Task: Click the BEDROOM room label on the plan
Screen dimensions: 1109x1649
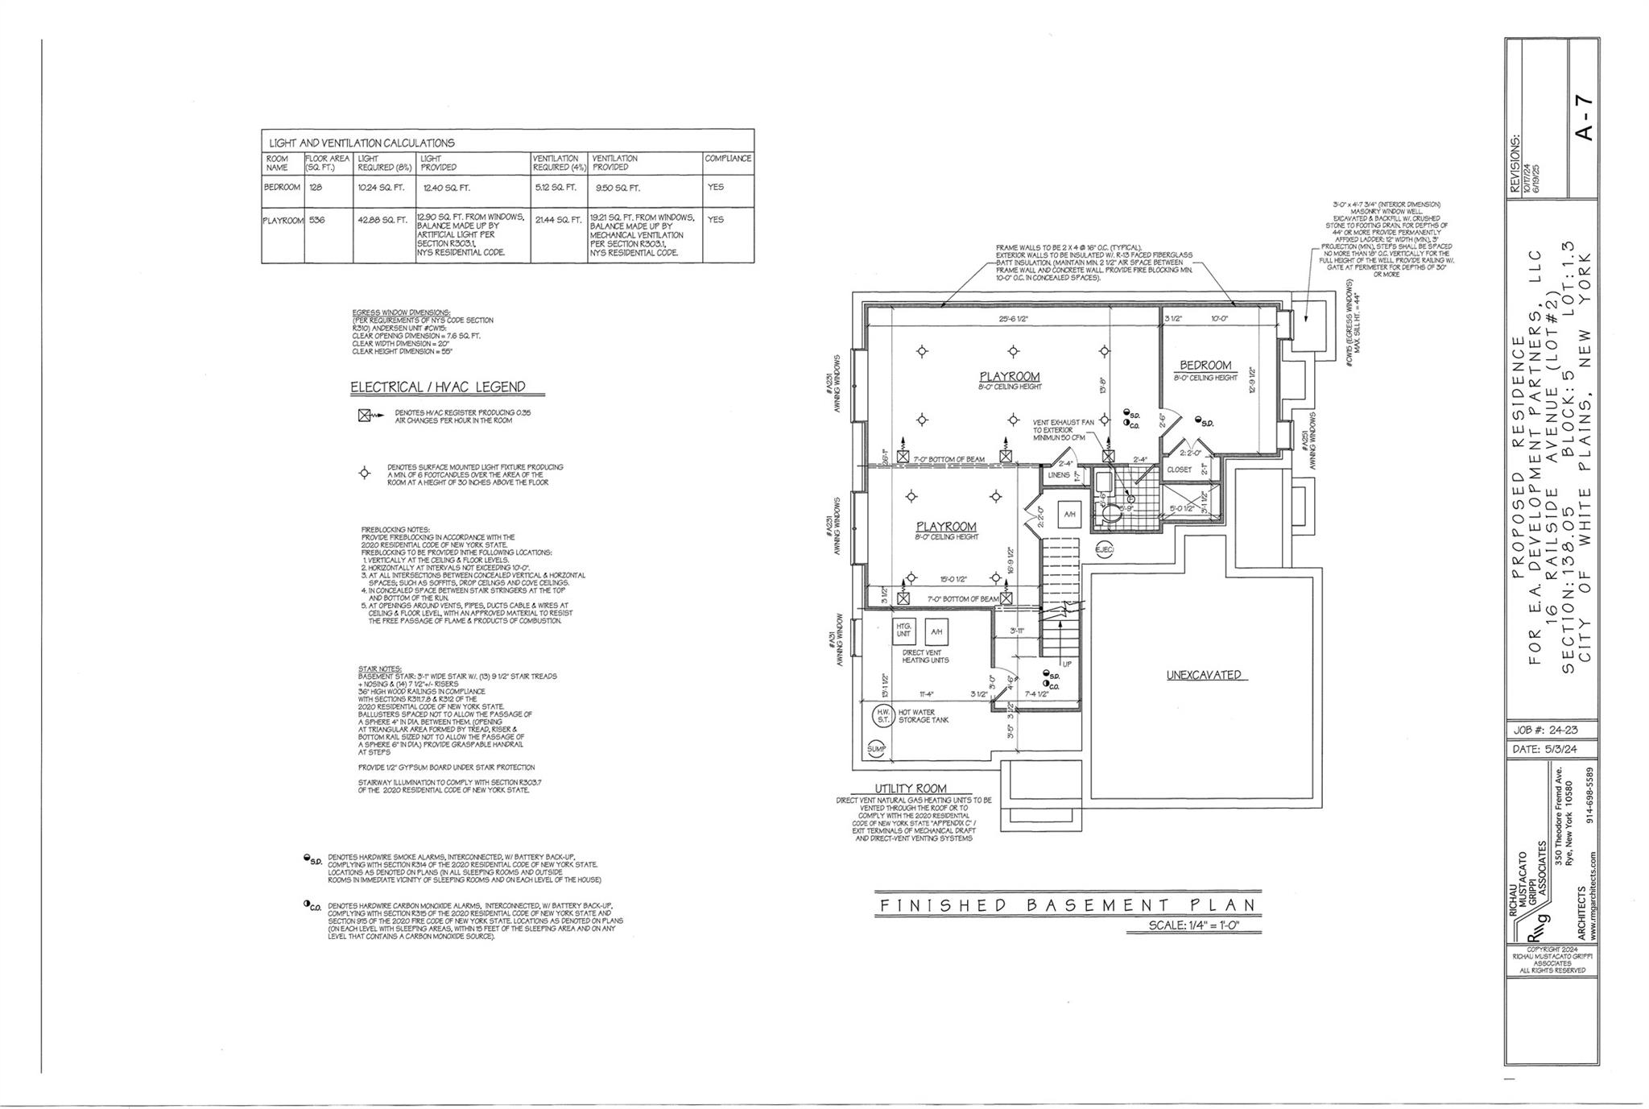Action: (x=1205, y=366)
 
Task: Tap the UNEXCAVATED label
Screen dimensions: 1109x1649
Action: (x=1204, y=675)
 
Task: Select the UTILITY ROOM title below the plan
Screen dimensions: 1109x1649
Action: (x=910, y=788)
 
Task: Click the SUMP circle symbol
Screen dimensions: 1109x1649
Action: (x=875, y=748)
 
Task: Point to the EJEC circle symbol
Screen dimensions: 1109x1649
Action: (x=1104, y=549)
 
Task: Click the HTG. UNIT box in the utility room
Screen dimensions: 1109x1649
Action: (x=903, y=630)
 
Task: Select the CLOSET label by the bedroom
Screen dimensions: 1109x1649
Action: (x=1179, y=470)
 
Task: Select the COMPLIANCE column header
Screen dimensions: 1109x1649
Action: (x=727, y=159)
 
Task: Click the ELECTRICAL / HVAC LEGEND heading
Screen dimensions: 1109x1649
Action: (x=437, y=387)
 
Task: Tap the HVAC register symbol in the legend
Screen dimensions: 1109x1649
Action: (x=365, y=416)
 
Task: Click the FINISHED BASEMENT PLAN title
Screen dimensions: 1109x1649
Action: (x=1068, y=905)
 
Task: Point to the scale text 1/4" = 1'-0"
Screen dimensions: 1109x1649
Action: (x=1204, y=926)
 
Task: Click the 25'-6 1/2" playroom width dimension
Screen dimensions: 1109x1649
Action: (x=1013, y=319)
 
